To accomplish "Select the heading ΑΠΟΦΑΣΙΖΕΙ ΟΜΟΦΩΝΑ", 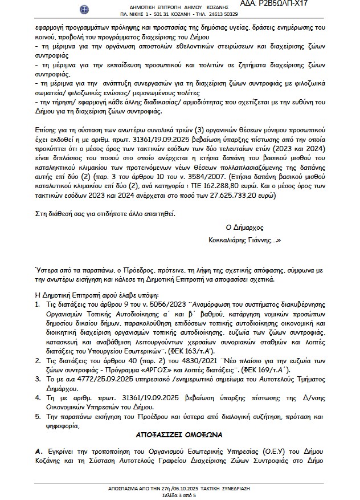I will pyautogui.click(x=179, y=433).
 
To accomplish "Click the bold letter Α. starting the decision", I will pyautogui.click(x=38, y=451).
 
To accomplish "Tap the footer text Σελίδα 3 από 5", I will pyautogui.click(x=179, y=494).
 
